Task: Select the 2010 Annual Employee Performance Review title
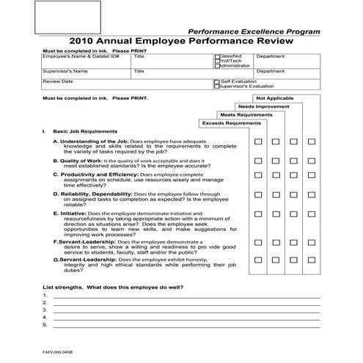(x=181, y=43)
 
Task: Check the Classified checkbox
(x=216, y=56)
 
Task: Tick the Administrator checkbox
(x=216, y=65)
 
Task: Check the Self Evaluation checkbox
(x=216, y=81)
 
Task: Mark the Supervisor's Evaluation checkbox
(x=216, y=87)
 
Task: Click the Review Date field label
(x=58, y=81)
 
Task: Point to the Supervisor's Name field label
(x=65, y=71)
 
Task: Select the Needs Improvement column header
(x=263, y=106)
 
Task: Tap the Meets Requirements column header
(x=246, y=114)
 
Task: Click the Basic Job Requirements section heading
(x=85, y=131)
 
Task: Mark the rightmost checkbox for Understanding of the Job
(x=311, y=142)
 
